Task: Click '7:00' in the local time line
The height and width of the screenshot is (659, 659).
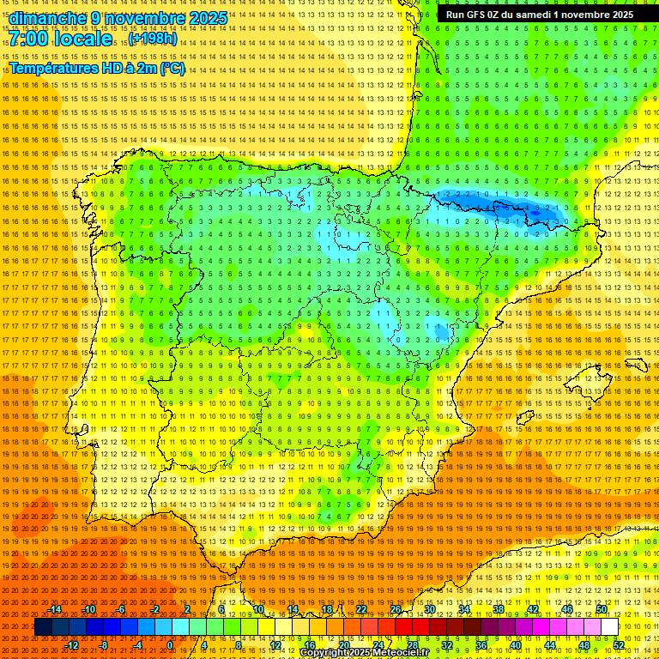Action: (x=27, y=39)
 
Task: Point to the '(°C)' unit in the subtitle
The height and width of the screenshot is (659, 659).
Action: (x=171, y=68)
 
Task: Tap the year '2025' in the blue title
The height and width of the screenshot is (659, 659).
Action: (x=207, y=18)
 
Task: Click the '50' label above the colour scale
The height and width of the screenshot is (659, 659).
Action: (x=602, y=609)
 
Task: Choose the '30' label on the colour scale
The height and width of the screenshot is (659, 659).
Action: (x=430, y=609)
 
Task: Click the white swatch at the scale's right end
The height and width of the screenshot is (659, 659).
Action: (x=609, y=627)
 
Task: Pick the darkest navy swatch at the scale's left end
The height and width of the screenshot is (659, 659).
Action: (x=43, y=627)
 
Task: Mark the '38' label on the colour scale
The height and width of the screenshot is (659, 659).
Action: (x=499, y=609)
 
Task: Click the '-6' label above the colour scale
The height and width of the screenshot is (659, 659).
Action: (x=121, y=609)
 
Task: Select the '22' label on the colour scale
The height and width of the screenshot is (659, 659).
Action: (x=361, y=609)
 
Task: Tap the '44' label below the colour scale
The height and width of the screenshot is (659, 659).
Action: (x=550, y=645)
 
